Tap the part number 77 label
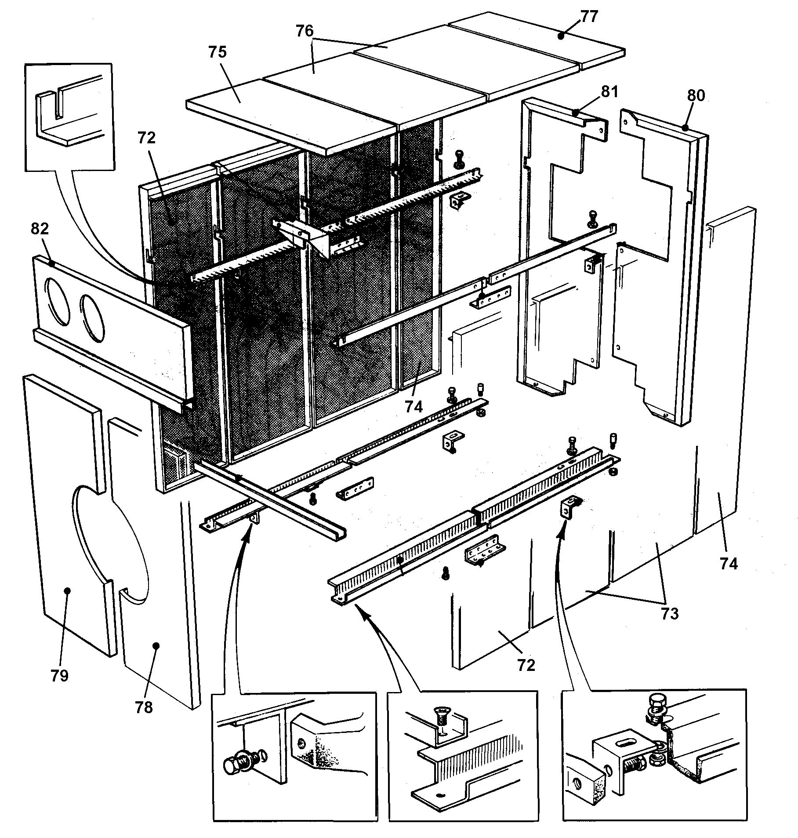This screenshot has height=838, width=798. [588, 16]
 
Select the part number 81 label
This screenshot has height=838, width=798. [609, 92]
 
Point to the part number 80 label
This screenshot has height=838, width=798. [695, 95]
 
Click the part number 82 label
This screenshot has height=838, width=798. [40, 229]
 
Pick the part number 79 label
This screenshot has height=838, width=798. [60, 675]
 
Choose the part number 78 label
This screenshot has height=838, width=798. [144, 707]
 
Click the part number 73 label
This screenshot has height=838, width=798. [670, 613]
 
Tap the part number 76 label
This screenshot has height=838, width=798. [304, 31]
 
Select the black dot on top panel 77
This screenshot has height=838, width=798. [561, 36]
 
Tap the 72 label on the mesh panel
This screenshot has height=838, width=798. [146, 138]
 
